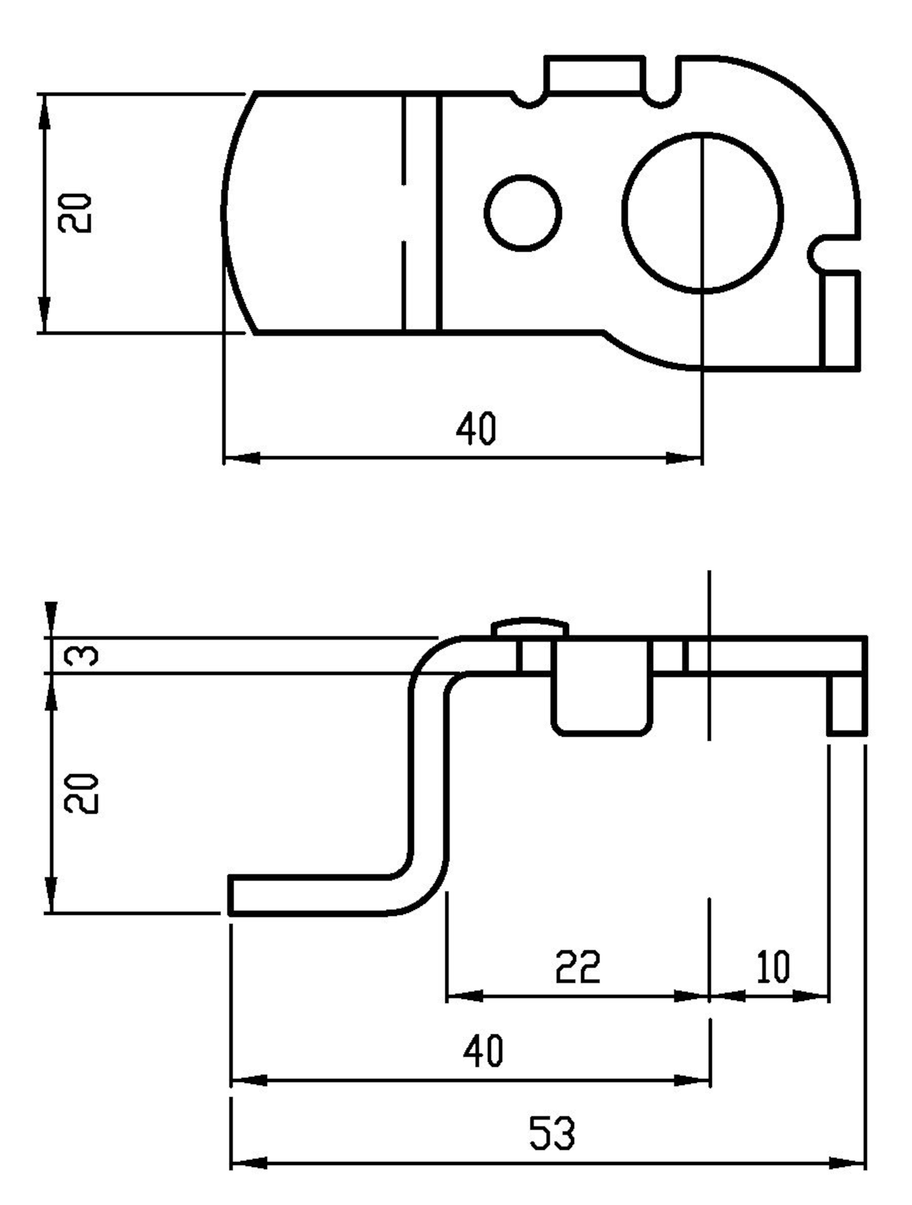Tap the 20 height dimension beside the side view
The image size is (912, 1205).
(82, 793)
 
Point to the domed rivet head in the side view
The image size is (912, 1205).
(530, 627)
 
